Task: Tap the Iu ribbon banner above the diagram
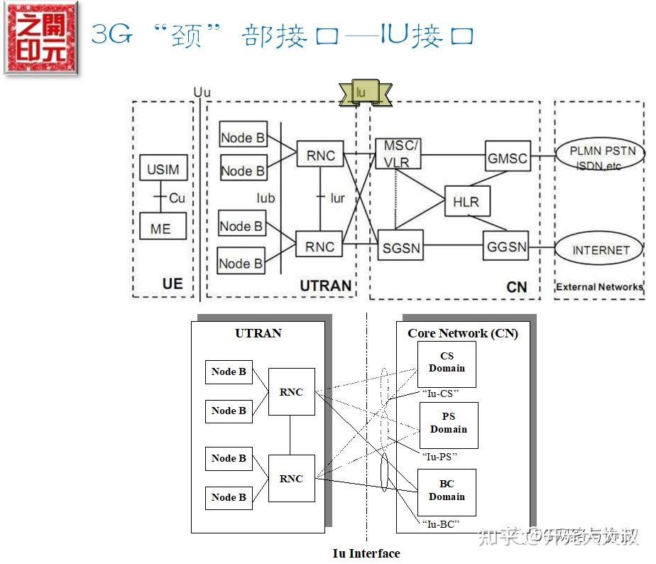coord(365,93)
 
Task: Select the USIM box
coord(163,170)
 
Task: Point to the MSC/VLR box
coord(398,154)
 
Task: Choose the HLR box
coord(466,202)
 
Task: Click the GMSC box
coord(508,158)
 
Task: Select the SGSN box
coord(401,249)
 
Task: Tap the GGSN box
coord(507,248)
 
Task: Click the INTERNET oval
coord(601,250)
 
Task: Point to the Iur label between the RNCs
coord(337,198)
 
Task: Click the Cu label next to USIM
coord(177,198)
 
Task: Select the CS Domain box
coord(447,363)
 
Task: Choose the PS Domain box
coord(449,423)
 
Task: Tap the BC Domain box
coord(447,491)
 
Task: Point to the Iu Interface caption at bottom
coord(366,553)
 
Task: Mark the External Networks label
coord(598,287)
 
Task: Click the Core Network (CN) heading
coord(463,333)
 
